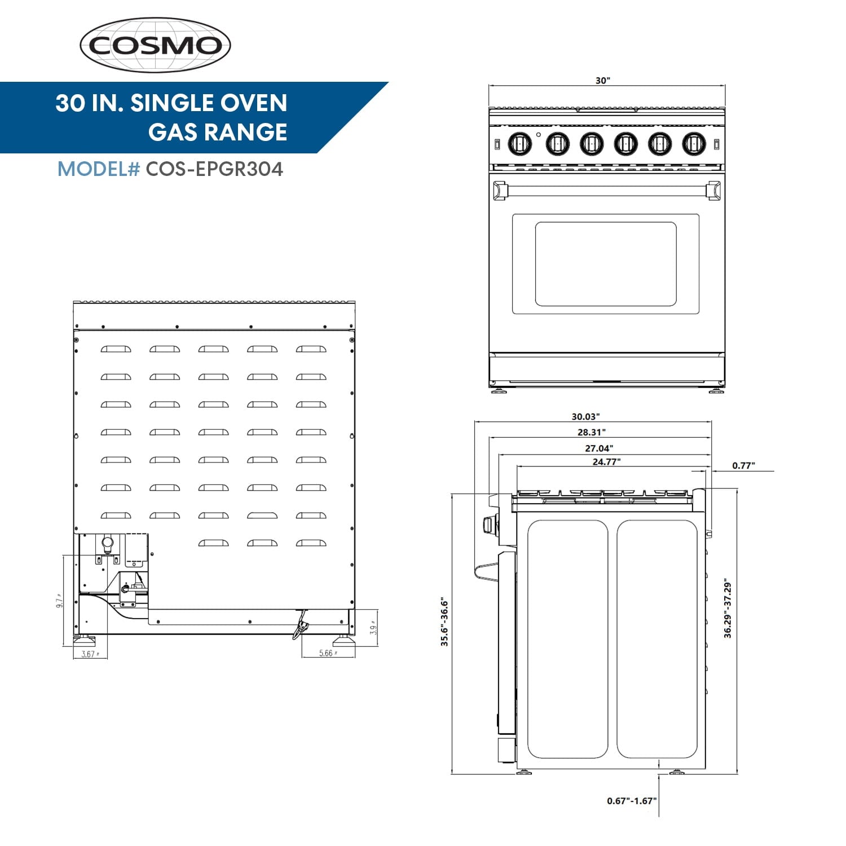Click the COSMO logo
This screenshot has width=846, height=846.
coord(155,45)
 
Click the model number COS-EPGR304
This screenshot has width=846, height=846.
coord(214,169)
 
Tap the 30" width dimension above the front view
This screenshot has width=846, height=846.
coord(603,81)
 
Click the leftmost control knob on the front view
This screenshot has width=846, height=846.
coord(519,144)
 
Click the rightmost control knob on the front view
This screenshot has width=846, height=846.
coord(694,144)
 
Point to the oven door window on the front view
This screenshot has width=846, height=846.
coord(605,264)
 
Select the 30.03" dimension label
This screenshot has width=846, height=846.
coord(585,417)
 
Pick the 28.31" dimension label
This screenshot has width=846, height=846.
coord(591,433)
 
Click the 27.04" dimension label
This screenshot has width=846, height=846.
coord(598,448)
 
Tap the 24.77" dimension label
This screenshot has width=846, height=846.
coord(606,462)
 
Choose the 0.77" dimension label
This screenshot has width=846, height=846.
coord(743,466)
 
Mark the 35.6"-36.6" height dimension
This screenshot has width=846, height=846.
coord(444,622)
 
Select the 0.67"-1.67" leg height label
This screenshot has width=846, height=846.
coord(632,801)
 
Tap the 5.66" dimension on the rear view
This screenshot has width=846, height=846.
coord(328,654)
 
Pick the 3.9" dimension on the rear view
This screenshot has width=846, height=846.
coord(373,629)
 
